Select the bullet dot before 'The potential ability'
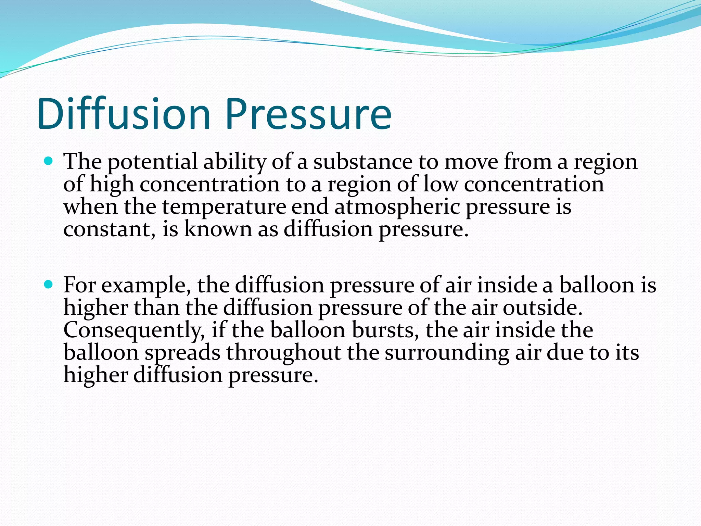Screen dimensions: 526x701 (49, 161)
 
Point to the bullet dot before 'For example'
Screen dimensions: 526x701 (49, 284)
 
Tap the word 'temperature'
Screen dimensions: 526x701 (224, 207)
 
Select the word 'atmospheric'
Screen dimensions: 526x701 (397, 207)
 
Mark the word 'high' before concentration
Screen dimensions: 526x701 (112, 185)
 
